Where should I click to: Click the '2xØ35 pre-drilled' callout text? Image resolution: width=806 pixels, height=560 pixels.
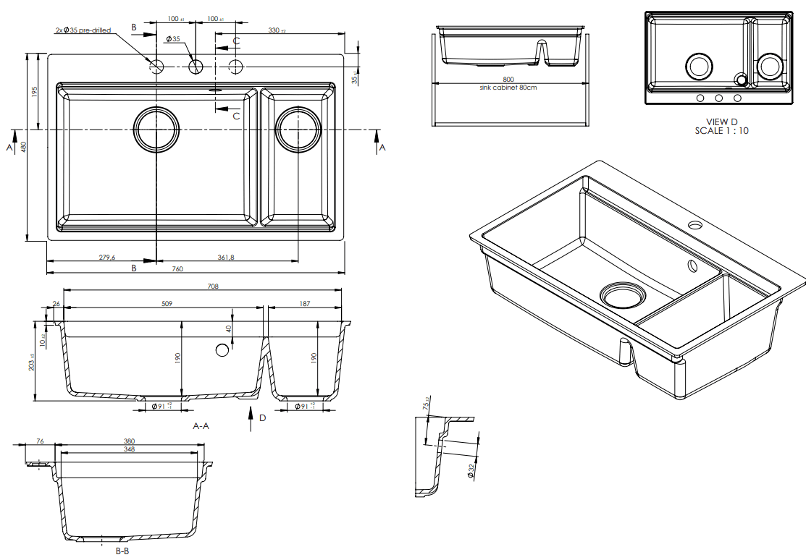83,30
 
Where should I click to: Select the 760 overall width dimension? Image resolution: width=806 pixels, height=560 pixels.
177,269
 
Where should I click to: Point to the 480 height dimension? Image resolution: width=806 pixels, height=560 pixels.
23,147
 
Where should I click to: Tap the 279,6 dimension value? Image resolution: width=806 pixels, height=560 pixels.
106,257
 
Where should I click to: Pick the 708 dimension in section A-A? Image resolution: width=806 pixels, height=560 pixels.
212,287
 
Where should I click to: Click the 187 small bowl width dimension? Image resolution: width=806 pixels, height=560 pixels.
304,304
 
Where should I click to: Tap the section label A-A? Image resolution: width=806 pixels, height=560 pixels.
201,426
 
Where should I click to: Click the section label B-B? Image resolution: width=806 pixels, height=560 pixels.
122,551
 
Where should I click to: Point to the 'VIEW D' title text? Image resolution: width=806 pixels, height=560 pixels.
722,122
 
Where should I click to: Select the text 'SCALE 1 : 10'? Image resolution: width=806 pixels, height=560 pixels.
722,131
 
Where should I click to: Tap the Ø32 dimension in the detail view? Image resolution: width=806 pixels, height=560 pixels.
471,470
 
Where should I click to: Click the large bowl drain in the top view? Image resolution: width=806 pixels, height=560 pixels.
156,130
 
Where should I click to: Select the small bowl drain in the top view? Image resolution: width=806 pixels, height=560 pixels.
298,130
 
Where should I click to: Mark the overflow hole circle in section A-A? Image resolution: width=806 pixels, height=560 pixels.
222,350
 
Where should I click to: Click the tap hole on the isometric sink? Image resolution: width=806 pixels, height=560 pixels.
695,224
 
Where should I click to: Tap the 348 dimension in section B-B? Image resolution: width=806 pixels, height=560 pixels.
129,449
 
